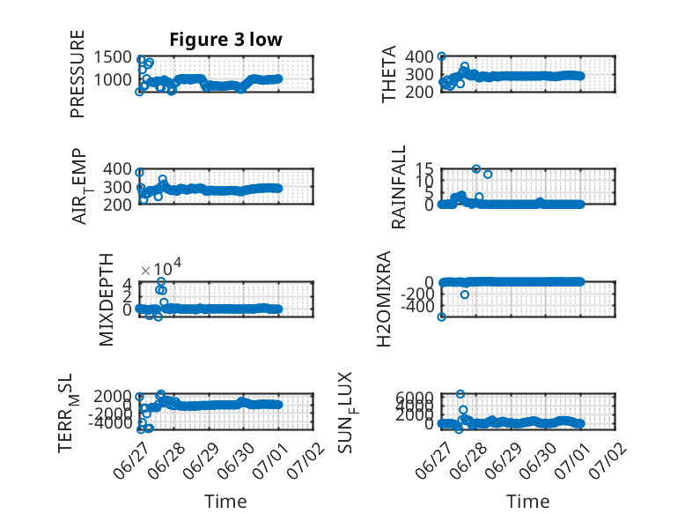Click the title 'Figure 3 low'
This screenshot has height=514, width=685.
coord(226,40)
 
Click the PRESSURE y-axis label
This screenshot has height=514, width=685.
coord(77,74)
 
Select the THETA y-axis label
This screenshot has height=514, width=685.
coord(388,74)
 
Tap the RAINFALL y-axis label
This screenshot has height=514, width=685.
coord(399,187)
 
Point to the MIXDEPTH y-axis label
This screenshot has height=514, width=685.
coord(107,300)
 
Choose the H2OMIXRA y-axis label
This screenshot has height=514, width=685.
coord(384,299)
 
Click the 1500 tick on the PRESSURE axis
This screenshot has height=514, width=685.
coord(113,57)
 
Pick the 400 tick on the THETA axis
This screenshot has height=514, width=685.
coord(419,56)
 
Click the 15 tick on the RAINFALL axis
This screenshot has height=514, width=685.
coord(424,169)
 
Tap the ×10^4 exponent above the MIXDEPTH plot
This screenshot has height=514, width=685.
coord(161,267)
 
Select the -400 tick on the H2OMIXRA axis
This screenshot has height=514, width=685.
coord(417,307)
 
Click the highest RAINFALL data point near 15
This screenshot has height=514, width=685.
coord(476,169)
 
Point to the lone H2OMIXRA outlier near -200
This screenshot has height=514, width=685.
coord(465,294)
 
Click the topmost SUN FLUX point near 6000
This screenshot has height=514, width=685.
coord(460,394)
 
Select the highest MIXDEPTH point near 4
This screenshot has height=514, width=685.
coord(161,282)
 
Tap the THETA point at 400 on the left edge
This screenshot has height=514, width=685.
coord(442,56)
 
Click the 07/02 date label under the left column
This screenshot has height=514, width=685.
coord(306,460)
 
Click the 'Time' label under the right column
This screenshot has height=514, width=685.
coord(527,502)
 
